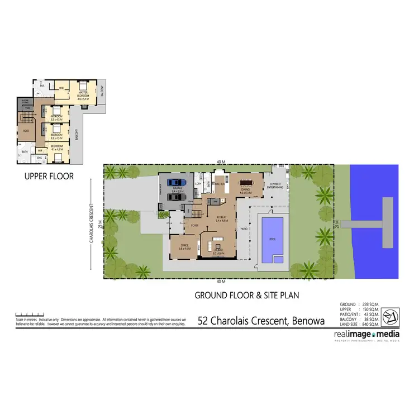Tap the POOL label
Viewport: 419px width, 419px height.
pyautogui.click(x=272, y=239)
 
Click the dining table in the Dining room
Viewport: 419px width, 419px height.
pyautogui.click(x=246, y=182)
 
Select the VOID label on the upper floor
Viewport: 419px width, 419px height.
pyautogui.click(x=26, y=132)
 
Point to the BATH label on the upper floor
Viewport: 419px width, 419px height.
pyautogui.click(x=25, y=151)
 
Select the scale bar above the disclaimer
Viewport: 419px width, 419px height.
pyautogui.click(x=27, y=314)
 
